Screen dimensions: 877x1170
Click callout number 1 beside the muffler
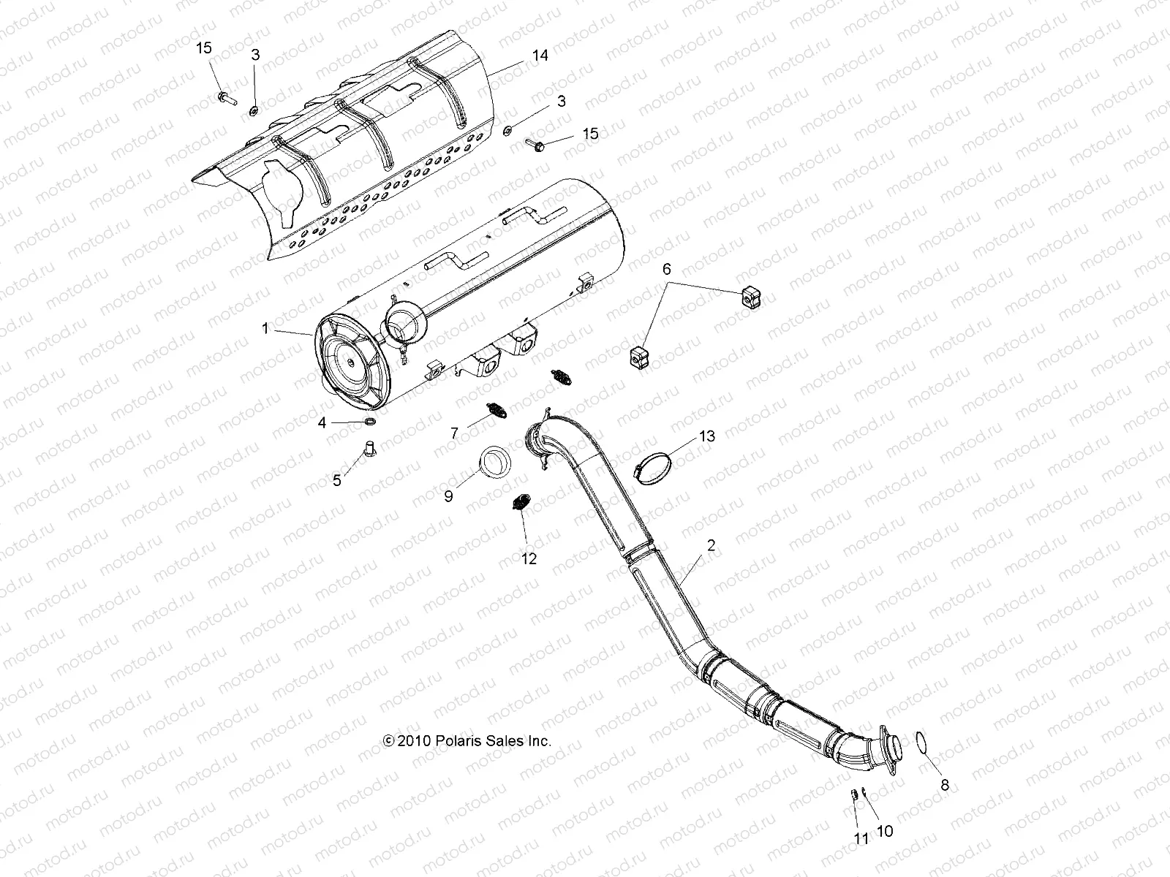(x=265, y=330)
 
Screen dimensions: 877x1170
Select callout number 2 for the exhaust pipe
(x=711, y=544)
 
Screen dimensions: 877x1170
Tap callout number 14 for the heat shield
(x=540, y=55)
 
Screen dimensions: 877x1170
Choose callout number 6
(x=666, y=269)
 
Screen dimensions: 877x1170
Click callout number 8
(x=944, y=786)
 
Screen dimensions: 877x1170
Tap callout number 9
(x=449, y=496)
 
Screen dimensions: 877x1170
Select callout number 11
(x=861, y=840)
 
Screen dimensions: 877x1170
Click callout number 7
(x=454, y=433)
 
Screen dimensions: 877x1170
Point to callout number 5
(x=337, y=480)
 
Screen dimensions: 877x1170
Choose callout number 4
(x=322, y=422)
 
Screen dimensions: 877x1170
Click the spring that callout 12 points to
(x=520, y=504)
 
